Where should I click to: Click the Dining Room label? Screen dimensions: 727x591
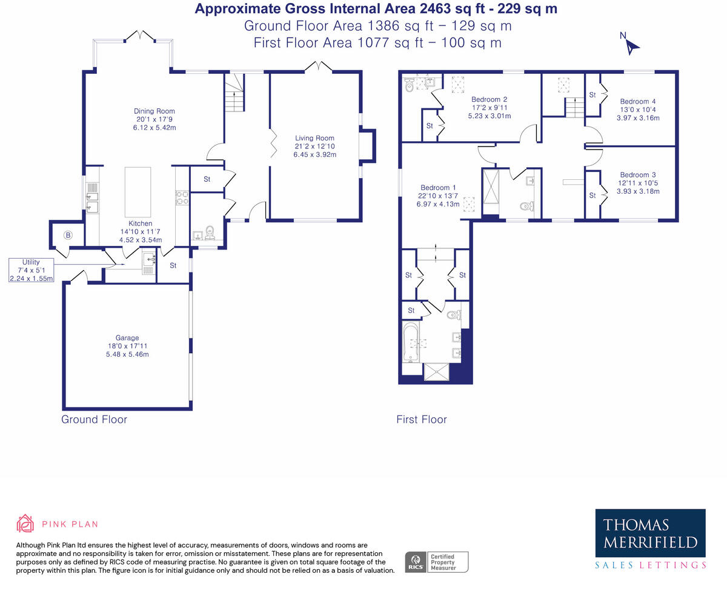coord(154,111)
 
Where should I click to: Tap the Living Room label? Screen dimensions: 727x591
coord(314,138)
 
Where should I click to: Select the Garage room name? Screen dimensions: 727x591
coord(127,338)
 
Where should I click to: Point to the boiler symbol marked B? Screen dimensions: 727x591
coord(68,235)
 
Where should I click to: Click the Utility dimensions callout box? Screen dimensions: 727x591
coord(31,270)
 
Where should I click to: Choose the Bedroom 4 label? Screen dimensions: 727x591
coord(637,101)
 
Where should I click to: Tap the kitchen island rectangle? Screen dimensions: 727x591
coord(138,192)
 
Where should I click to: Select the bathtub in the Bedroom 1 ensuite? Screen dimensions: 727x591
coord(411,341)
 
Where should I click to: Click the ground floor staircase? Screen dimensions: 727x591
coord(234,93)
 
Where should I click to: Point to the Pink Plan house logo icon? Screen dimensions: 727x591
coord(25,523)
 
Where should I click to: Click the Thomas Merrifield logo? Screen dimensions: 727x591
coord(650,539)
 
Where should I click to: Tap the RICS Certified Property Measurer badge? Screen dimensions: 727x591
coord(437,562)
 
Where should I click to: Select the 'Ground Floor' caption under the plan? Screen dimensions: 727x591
coord(94,419)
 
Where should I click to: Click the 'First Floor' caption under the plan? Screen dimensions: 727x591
coord(422,419)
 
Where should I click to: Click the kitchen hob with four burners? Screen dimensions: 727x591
coord(182,198)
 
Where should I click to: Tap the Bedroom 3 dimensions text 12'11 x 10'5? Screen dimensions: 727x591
coord(637,183)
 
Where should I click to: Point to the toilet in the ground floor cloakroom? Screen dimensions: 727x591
coord(210,232)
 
